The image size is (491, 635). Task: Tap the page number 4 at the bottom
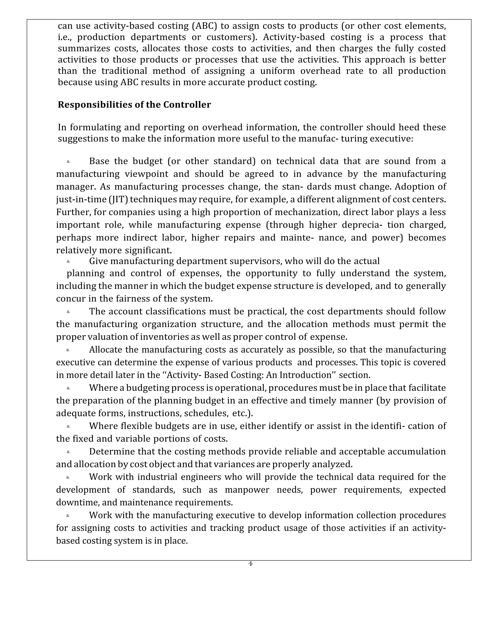pyautogui.click(x=250, y=564)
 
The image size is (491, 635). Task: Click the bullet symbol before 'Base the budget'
pyautogui.click(x=68, y=162)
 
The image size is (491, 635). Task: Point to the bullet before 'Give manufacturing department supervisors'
pyautogui.click(x=68, y=261)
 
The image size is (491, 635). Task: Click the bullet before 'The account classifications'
pyautogui.click(x=68, y=312)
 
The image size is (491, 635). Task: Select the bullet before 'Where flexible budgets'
pyautogui.click(x=68, y=427)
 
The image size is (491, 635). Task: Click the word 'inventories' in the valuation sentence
pyautogui.click(x=164, y=337)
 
